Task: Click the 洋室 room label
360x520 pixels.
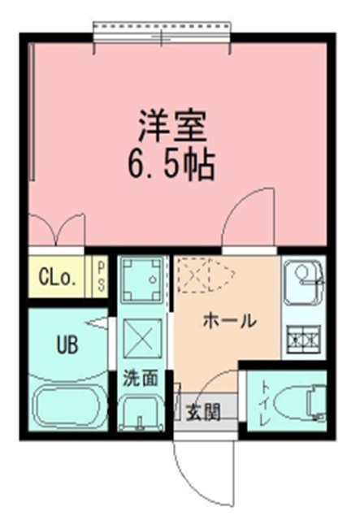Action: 173,126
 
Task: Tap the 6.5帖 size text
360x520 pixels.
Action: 171,165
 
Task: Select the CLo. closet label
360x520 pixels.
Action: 58,278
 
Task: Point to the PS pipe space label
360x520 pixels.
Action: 101,275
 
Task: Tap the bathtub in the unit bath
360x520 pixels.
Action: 68,405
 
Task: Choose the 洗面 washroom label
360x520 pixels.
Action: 141,378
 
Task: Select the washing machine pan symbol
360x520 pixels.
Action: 142,279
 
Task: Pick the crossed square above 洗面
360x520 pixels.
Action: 143,338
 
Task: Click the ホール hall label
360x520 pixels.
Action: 230,321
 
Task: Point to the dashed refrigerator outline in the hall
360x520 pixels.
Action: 206,275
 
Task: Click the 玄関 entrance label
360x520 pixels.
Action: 203,413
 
